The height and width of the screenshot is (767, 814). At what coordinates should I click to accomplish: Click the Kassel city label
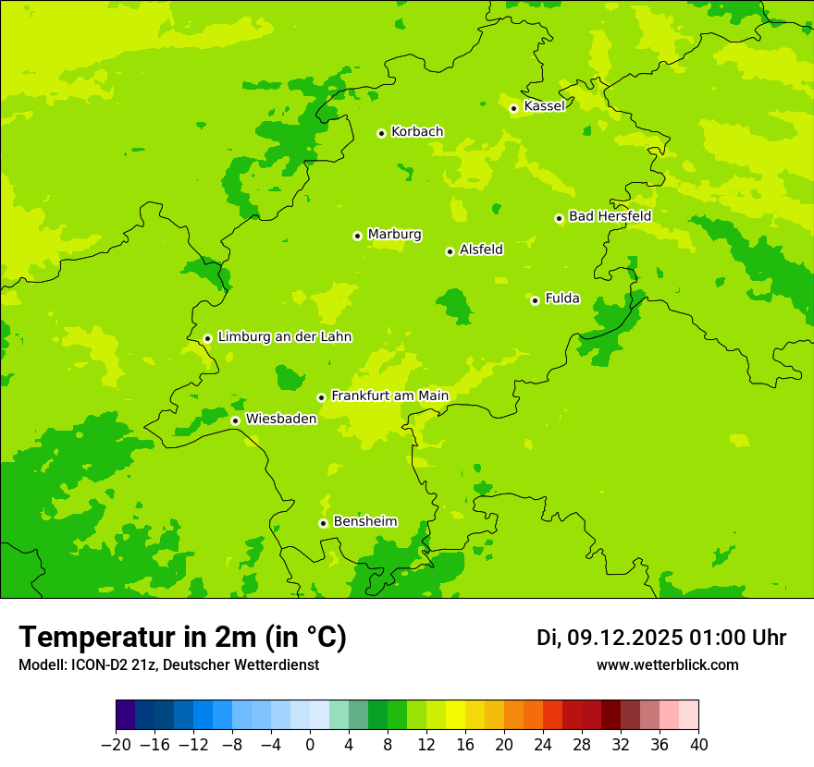[544, 106]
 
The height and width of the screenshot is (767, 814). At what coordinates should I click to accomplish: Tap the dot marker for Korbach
[381, 133]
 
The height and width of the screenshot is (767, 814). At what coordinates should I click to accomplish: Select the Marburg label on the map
[394, 235]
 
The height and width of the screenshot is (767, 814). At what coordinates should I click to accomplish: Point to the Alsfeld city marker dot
[450, 251]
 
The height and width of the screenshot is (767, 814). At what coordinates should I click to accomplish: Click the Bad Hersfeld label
[610, 216]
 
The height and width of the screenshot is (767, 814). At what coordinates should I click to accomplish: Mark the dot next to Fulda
[535, 300]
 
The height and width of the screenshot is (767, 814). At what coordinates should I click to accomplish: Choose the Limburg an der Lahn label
[284, 337]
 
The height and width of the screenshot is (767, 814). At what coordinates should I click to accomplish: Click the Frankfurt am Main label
[389, 396]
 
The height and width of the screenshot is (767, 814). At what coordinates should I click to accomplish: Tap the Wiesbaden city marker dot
[235, 420]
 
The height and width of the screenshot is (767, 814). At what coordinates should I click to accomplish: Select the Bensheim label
[364, 522]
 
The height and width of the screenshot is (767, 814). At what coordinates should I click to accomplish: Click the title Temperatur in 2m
[182, 638]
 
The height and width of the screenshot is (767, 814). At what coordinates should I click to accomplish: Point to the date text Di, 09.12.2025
[610, 638]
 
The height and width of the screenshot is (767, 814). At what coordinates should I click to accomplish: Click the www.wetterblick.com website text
[667, 665]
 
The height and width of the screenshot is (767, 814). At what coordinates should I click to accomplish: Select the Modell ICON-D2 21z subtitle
[168, 665]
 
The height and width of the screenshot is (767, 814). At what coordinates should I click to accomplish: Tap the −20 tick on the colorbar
[116, 745]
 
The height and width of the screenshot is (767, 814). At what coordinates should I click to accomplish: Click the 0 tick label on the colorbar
[310, 745]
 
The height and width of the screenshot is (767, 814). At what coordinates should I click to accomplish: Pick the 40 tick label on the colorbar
[698, 745]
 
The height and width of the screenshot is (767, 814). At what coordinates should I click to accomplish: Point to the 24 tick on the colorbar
[543, 745]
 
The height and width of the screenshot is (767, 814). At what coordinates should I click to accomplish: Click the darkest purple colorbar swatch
[125, 715]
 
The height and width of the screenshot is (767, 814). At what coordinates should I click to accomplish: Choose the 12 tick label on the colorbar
[426, 745]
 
